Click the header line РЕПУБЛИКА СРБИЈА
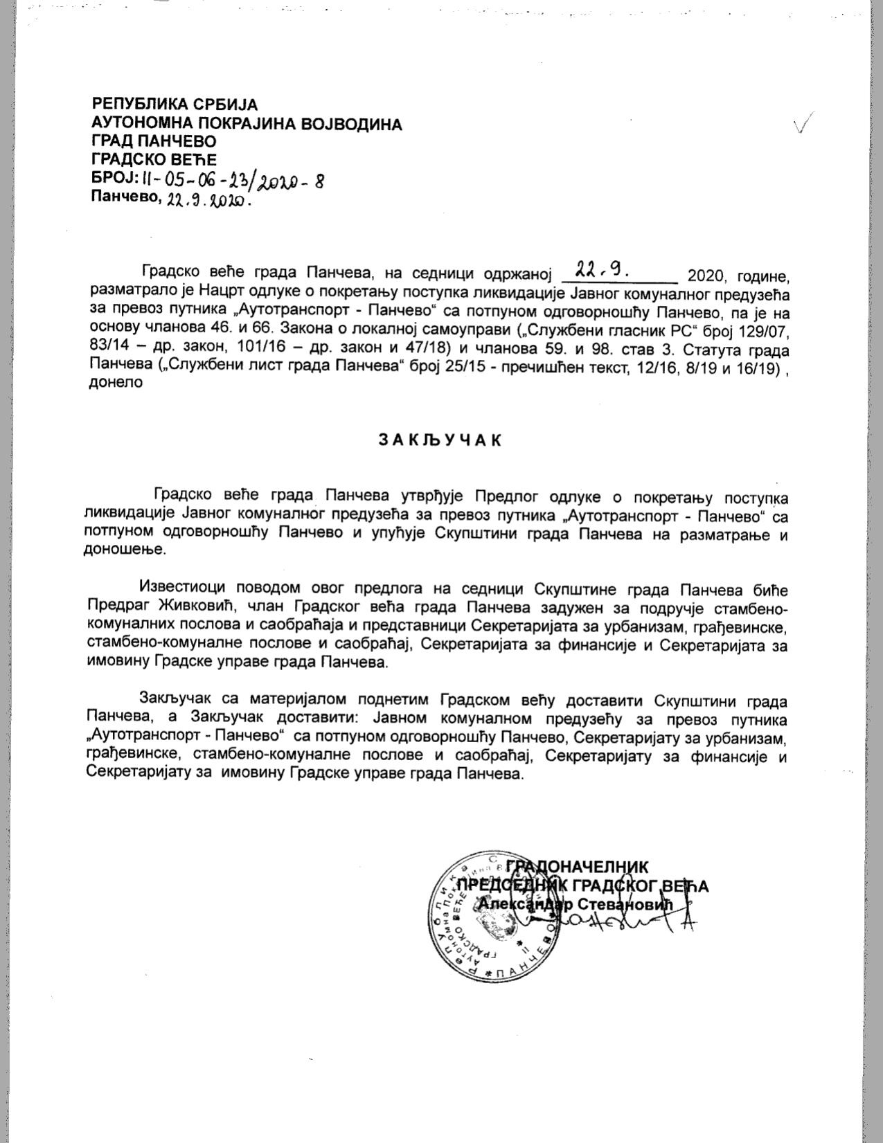click(175, 105)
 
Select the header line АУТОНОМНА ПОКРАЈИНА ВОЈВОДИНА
click(247, 124)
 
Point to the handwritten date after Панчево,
click(207, 202)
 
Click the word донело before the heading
click(116, 381)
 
